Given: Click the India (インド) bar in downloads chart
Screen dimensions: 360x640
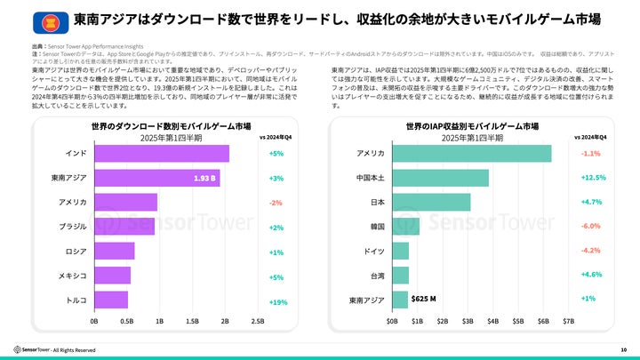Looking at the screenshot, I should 161,154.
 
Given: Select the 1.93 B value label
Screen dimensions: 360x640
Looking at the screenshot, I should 206,178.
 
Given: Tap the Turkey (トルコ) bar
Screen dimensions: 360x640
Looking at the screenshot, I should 111,300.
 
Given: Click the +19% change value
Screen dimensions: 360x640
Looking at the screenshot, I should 277,301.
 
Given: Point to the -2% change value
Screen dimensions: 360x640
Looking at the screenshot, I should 276,203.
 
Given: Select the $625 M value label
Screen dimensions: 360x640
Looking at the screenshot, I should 423,299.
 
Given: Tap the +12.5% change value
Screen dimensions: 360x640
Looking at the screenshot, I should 593,178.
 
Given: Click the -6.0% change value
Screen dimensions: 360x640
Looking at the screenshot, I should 591,227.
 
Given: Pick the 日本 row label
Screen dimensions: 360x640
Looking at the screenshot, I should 377,203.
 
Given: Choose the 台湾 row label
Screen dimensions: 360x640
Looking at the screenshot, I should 377,276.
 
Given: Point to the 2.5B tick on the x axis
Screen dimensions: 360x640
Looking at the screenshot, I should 258,320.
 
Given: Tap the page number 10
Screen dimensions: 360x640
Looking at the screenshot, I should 624,350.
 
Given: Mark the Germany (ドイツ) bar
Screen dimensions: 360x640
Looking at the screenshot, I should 401,251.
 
